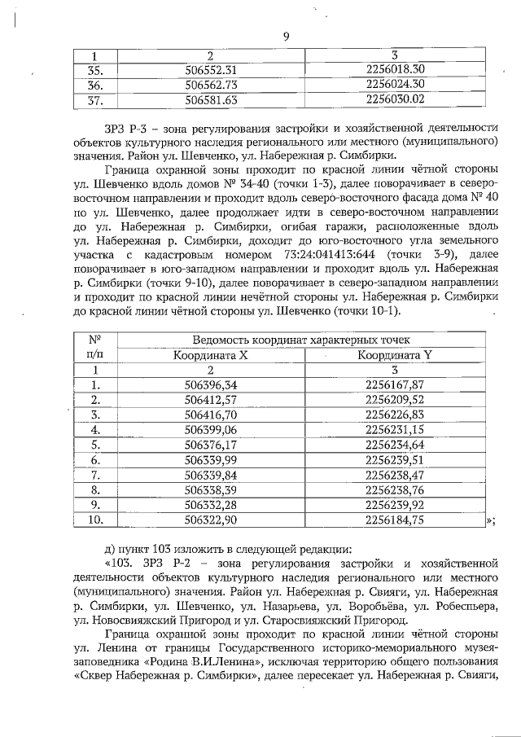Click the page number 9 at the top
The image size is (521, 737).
click(x=287, y=36)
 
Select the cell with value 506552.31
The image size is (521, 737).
click(x=211, y=69)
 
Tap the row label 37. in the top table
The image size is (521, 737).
click(x=94, y=99)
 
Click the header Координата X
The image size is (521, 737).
click(x=211, y=355)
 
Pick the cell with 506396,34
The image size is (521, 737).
click(x=211, y=385)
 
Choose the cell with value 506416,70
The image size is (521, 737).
click(x=211, y=415)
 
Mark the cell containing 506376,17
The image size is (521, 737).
click(x=211, y=445)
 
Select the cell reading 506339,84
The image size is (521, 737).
click(x=211, y=474)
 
